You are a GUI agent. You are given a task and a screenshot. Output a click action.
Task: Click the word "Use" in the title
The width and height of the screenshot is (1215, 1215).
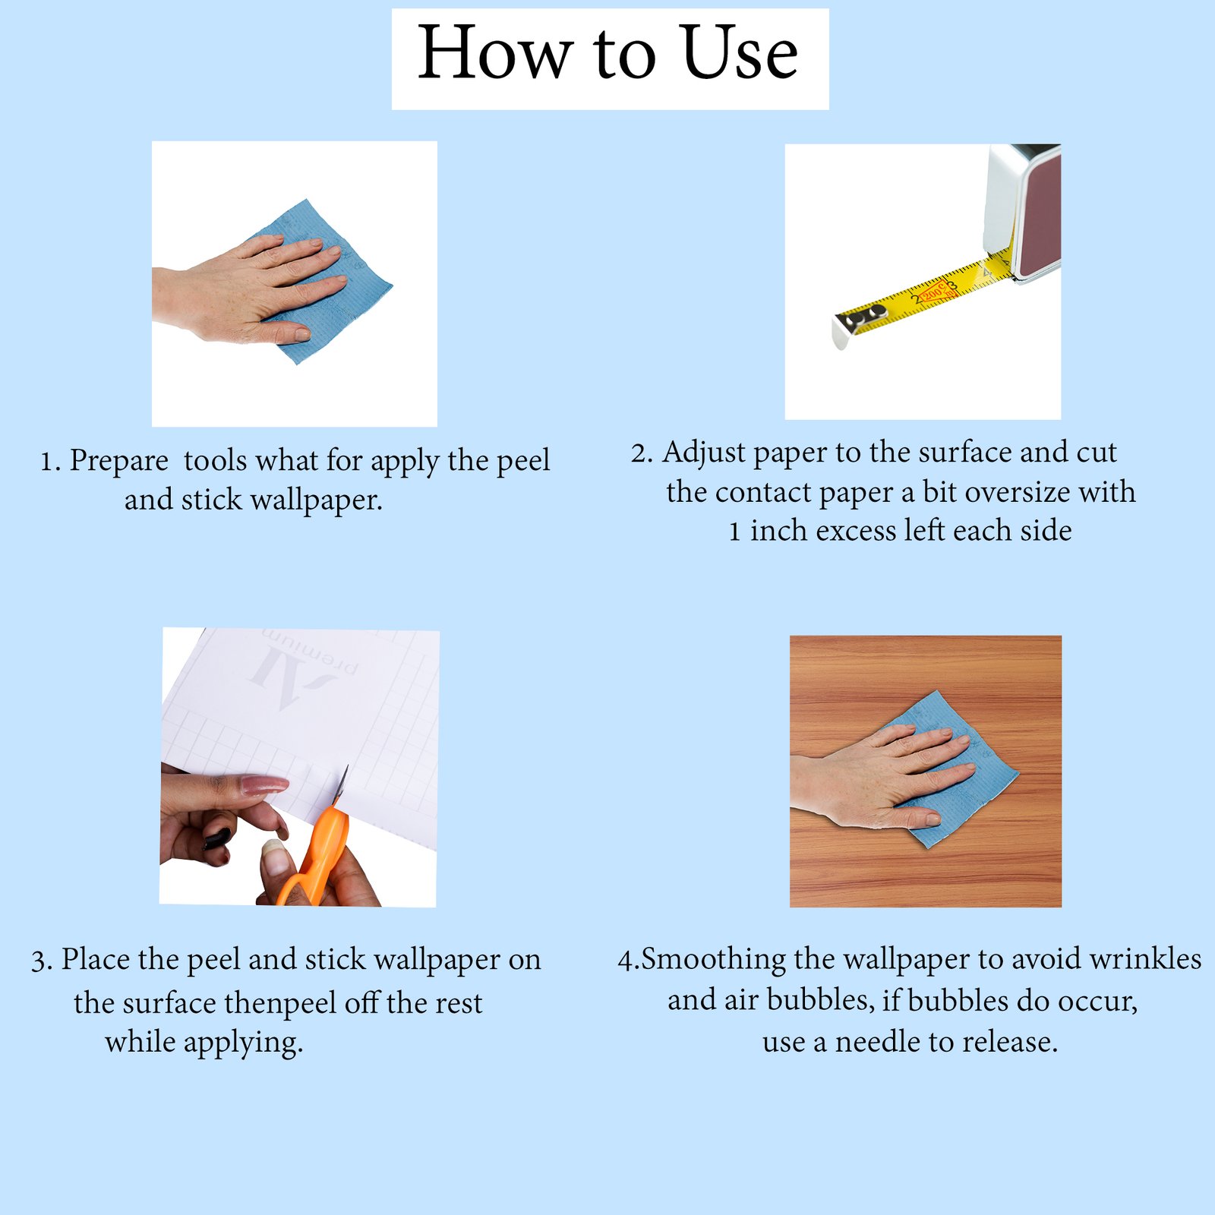[x=740, y=52]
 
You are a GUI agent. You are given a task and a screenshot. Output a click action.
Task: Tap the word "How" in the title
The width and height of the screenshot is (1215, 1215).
[x=495, y=52]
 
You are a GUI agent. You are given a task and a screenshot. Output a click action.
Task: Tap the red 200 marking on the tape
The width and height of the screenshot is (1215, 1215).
[x=932, y=291]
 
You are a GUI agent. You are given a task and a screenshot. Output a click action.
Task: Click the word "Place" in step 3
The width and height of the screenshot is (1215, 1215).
[x=96, y=959]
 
